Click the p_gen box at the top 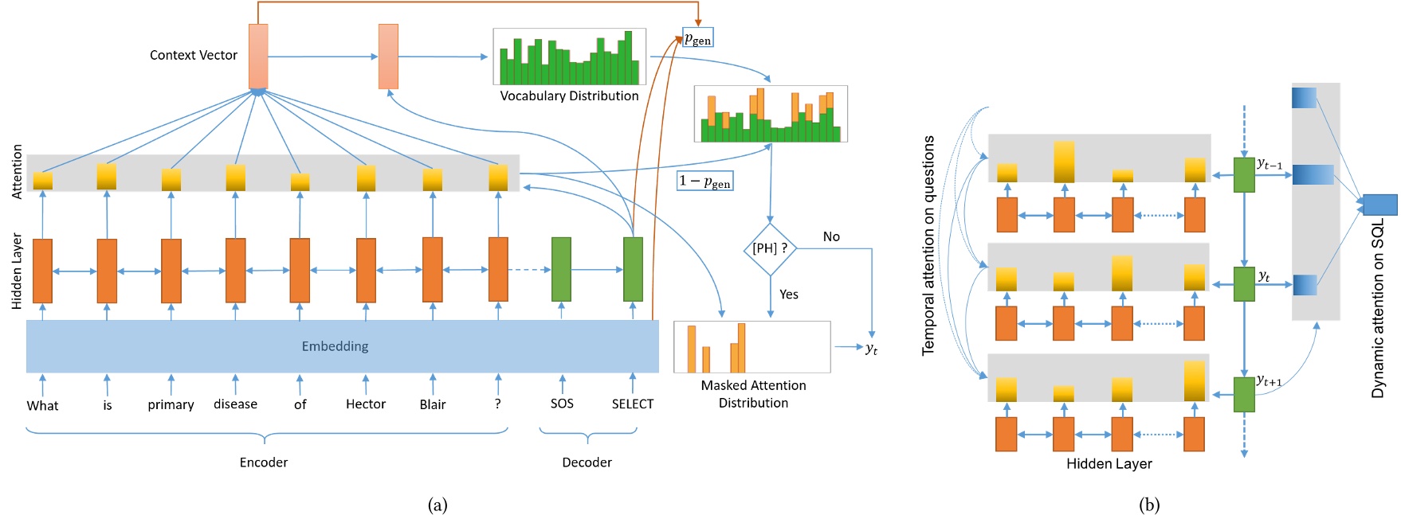click(x=698, y=38)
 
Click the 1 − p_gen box click(x=704, y=181)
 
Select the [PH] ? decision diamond click(x=770, y=248)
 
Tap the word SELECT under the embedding click(x=632, y=404)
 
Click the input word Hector click(x=366, y=404)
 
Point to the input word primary click(x=171, y=404)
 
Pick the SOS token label click(x=562, y=404)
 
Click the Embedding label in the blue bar click(x=335, y=346)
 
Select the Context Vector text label click(x=194, y=55)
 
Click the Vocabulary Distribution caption click(x=569, y=96)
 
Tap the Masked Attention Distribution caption click(x=753, y=394)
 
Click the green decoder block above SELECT click(x=633, y=269)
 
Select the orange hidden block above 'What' click(x=42, y=271)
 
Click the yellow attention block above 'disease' click(x=236, y=178)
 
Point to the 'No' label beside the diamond click(x=831, y=236)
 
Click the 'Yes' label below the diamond click(x=789, y=295)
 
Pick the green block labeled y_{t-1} click(x=1244, y=175)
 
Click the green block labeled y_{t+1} click(x=1244, y=395)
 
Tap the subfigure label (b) click(x=1149, y=505)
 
